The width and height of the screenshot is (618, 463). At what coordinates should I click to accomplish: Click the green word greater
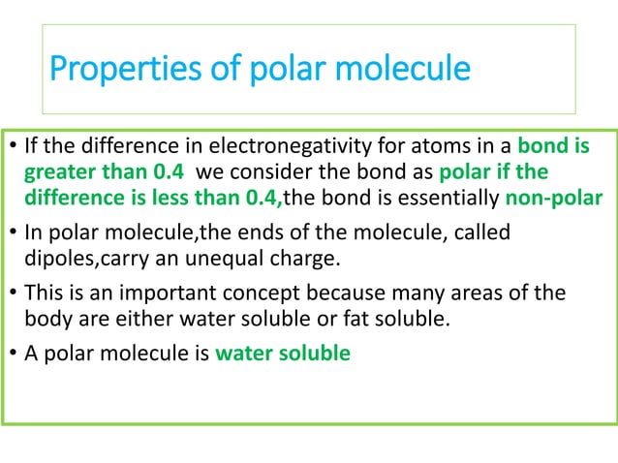pos(56,172)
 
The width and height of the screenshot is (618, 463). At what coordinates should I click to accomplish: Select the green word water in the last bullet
pos(240,352)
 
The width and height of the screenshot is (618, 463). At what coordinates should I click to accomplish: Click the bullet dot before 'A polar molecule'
pos(12,353)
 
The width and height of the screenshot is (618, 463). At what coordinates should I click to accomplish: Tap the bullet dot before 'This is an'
pos(12,293)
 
